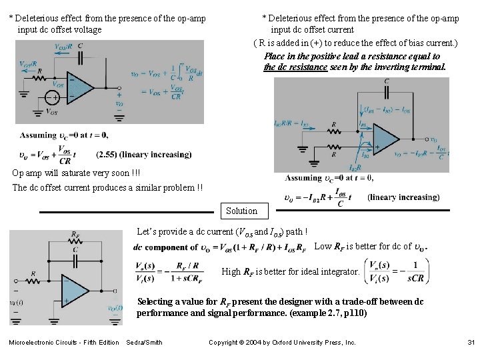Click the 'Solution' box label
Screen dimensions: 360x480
(x=241, y=211)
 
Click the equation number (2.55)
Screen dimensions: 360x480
(x=109, y=155)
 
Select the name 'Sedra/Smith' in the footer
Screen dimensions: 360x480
(x=144, y=343)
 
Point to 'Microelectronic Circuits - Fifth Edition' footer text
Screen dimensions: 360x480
(x=63, y=343)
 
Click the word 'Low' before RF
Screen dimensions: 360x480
(x=323, y=247)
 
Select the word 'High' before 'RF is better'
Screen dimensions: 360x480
(x=231, y=271)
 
